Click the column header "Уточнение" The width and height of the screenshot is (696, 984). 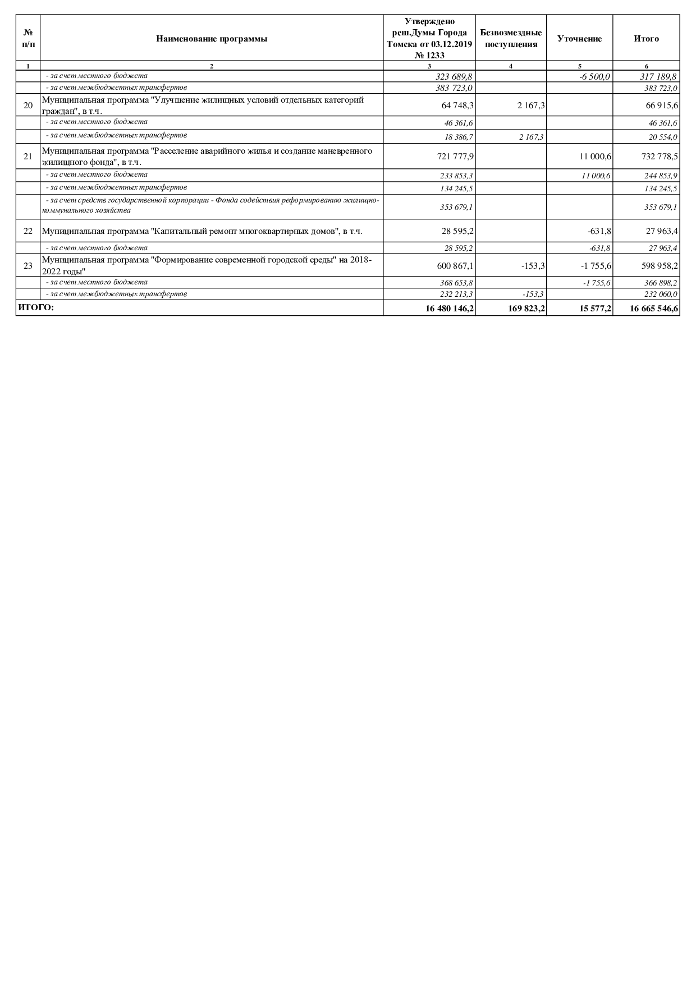(579, 39)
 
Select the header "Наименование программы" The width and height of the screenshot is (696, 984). (212, 39)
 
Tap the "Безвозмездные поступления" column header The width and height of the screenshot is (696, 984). (511, 39)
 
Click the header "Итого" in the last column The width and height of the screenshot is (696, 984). (646, 39)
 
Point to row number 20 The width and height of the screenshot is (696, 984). (28, 105)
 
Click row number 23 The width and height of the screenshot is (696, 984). (28, 266)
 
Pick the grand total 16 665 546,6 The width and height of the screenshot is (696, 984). (653, 308)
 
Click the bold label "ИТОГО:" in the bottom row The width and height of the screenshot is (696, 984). (36, 307)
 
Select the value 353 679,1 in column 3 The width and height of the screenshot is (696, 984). (456, 207)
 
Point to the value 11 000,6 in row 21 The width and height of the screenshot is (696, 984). (596, 157)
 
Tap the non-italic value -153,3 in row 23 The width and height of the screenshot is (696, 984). (533, 266)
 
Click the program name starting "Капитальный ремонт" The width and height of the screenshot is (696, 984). (202, 231)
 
